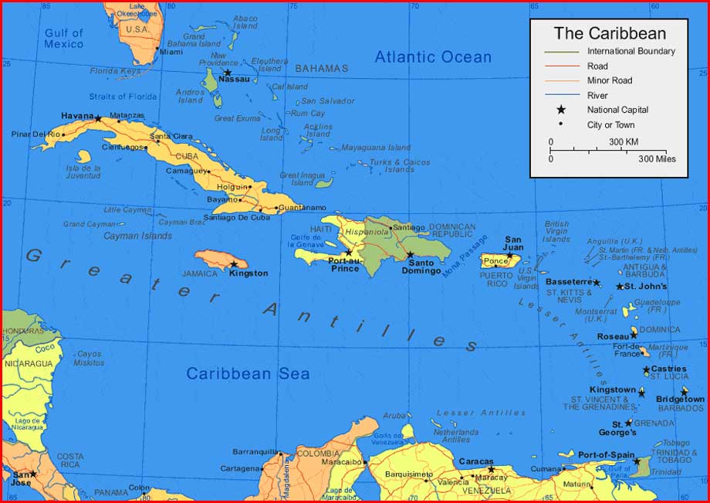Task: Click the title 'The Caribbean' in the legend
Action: point(610,33)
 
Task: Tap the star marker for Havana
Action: point(98,118)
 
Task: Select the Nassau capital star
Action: point(227,73)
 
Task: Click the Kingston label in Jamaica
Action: point(248,274)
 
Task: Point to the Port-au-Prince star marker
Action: point(348,252)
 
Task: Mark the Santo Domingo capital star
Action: point(410,254)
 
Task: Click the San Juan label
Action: point(513,243)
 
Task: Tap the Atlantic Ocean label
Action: point(433,56)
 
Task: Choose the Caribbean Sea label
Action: point(248,374)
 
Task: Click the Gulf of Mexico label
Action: point(63,39)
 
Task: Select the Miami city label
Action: point(171,52)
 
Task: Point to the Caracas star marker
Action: point(491,469)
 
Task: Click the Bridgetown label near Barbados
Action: point(680,399)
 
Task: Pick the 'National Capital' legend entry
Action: point(617,110)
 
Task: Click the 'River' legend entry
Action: point(597,95)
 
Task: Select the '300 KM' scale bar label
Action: point(623,142)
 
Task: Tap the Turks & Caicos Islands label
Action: point(399,166)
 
